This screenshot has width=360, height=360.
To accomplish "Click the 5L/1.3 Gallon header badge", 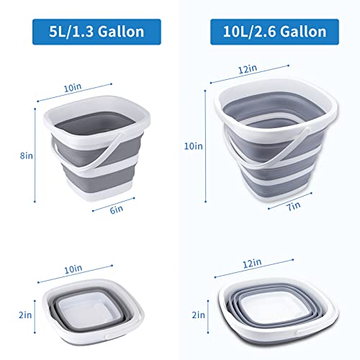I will coord(90,32).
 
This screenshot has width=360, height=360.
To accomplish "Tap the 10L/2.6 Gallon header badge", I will coord(270,32).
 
